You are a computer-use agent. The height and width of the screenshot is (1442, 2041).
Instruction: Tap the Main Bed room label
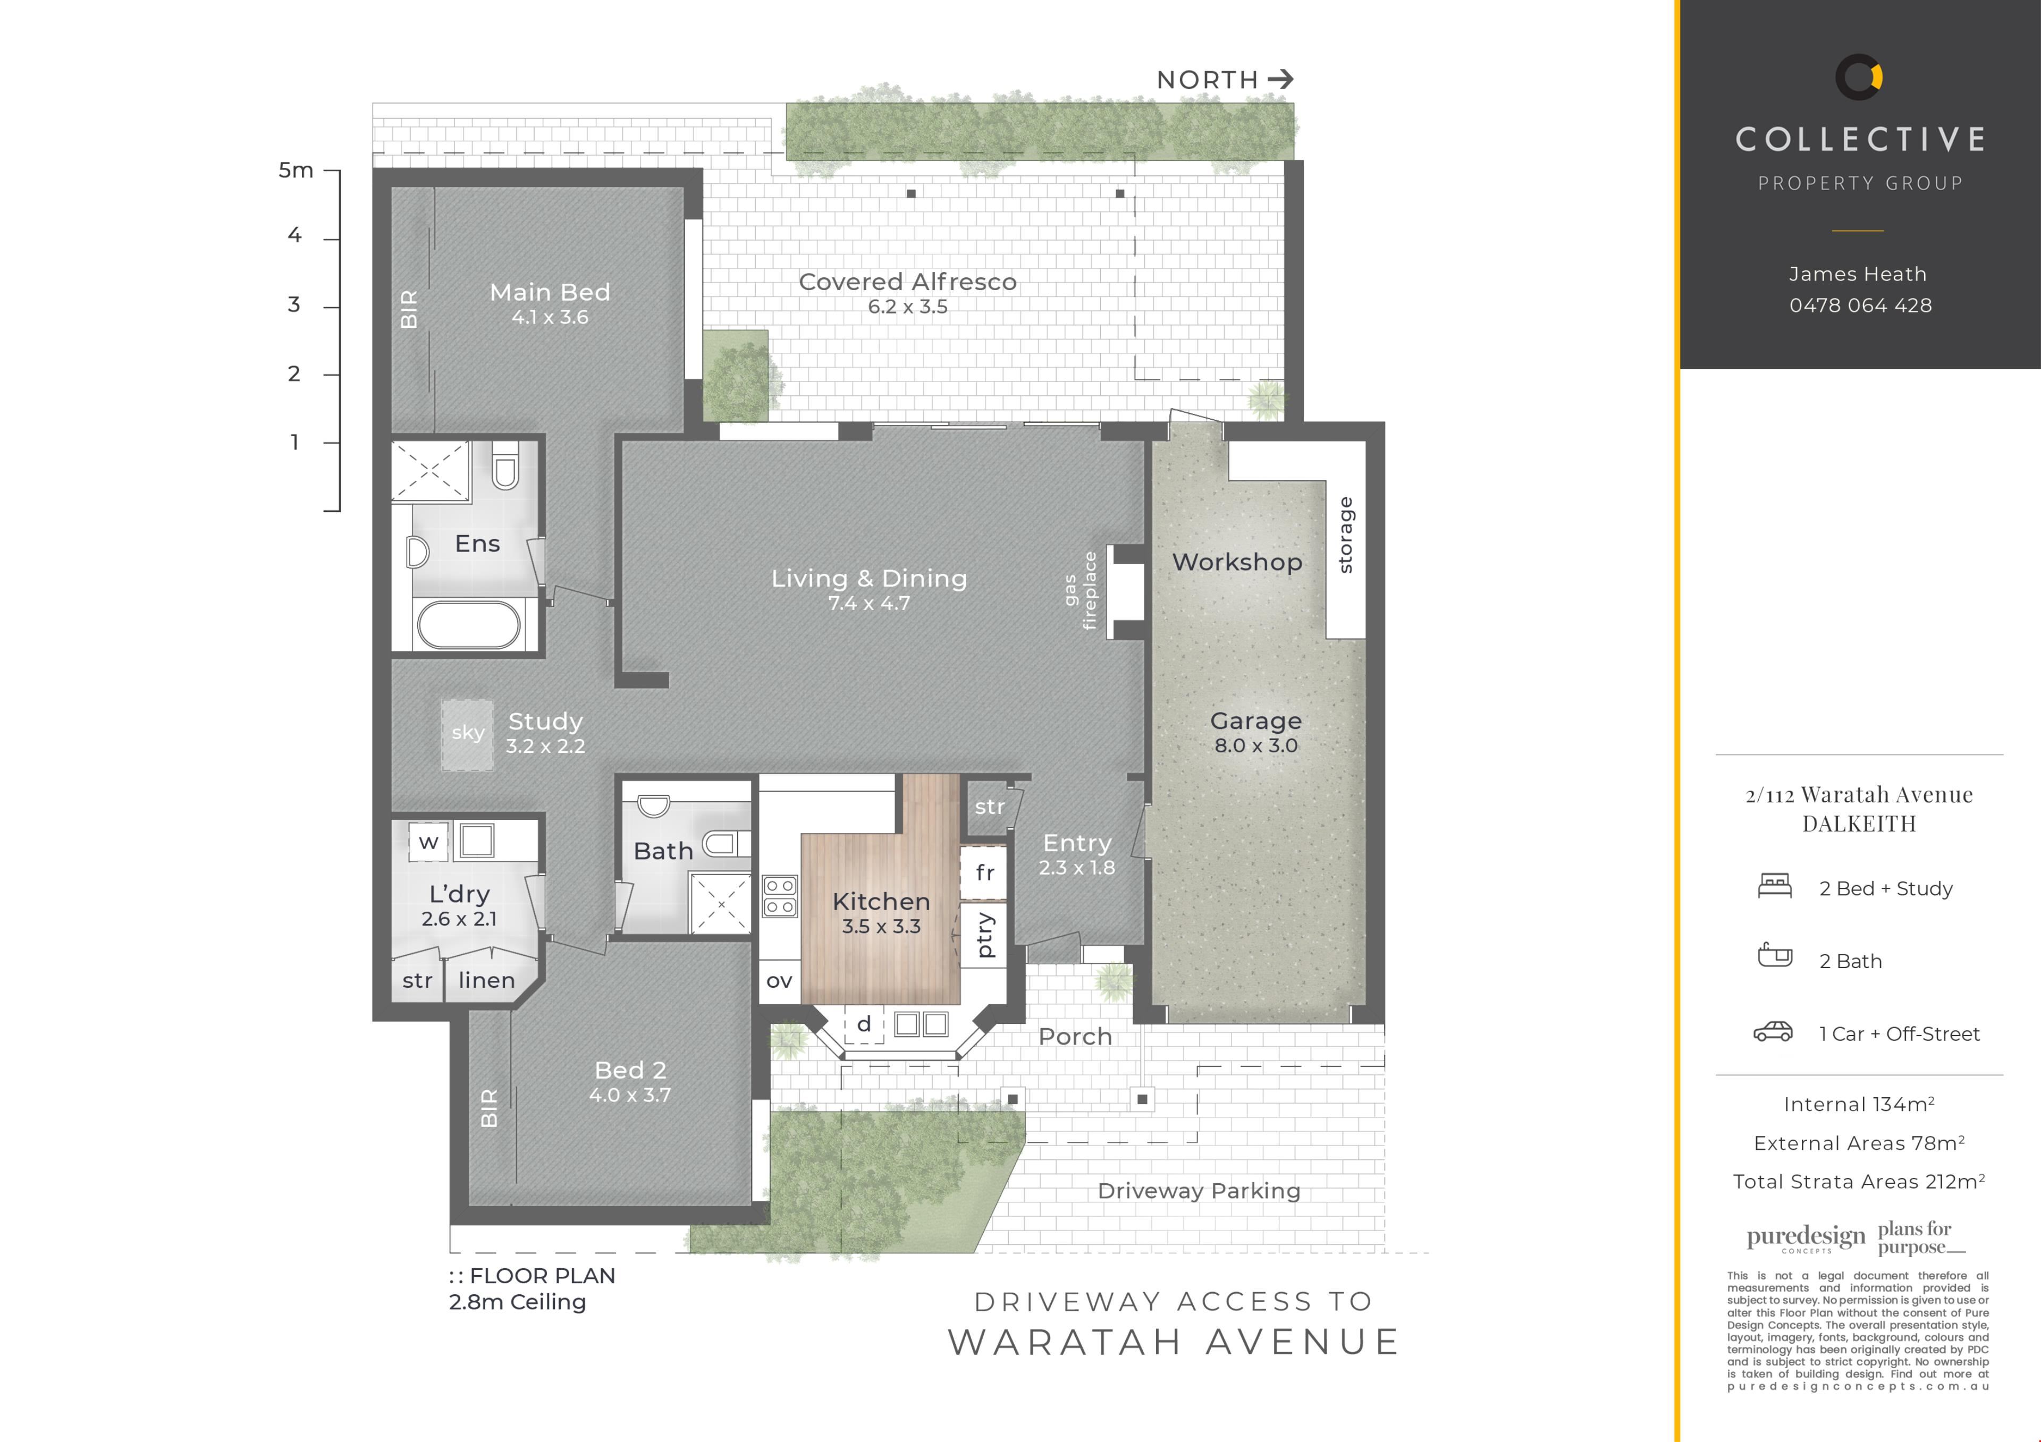click(550, 292)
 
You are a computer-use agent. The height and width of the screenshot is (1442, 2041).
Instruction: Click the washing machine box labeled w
click(428, 842)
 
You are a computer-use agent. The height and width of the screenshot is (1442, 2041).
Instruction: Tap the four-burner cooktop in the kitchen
click(780, 896)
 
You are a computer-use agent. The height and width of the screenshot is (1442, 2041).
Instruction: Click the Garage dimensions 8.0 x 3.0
click(1255, 745)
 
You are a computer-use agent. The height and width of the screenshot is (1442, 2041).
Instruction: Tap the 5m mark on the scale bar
click(296, 169)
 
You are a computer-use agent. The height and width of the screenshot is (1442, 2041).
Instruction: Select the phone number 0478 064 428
click(1860, 306)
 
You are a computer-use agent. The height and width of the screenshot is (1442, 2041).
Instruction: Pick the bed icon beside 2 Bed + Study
click(1774, 886)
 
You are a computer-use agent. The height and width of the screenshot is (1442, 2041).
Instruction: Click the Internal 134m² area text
click(1859, 1105)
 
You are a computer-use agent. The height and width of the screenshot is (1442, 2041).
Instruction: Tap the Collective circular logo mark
click(1859, 77)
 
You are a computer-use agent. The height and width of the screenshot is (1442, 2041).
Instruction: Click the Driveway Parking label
click(1198, 1191)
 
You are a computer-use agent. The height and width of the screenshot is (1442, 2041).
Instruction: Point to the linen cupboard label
click(486, 980)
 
